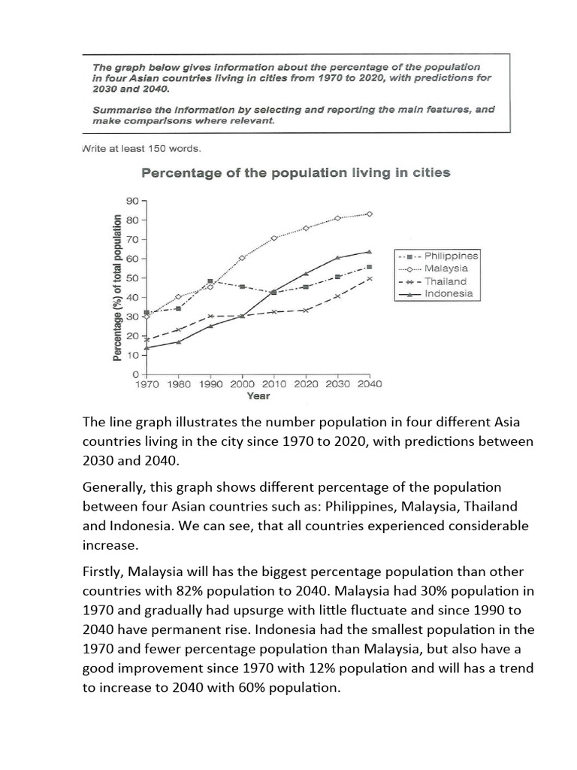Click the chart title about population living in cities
pyautogui.click(x=296, y=173)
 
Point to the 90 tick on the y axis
pyautogui.click(x=132, y=201)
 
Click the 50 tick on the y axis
pyautogui.click(x=132, y=278)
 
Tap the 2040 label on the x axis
pyautogui.click(x=368, y=383)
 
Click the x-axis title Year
pyautogui.click(x=258, y=396)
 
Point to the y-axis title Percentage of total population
pyautogui.click(x=118, y=287)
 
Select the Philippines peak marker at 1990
pyautogui.click(x=210, y=281)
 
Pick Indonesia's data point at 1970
pyautogui.click(x=147, y=347)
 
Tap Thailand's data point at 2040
pyautogui.click(x=369, y=278)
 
